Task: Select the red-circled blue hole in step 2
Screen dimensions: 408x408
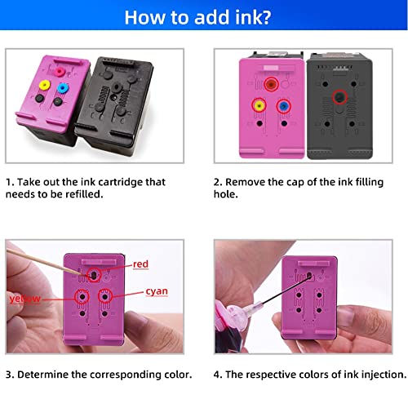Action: [x=282, y=104]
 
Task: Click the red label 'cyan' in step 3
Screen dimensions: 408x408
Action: [x=157, y=290]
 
